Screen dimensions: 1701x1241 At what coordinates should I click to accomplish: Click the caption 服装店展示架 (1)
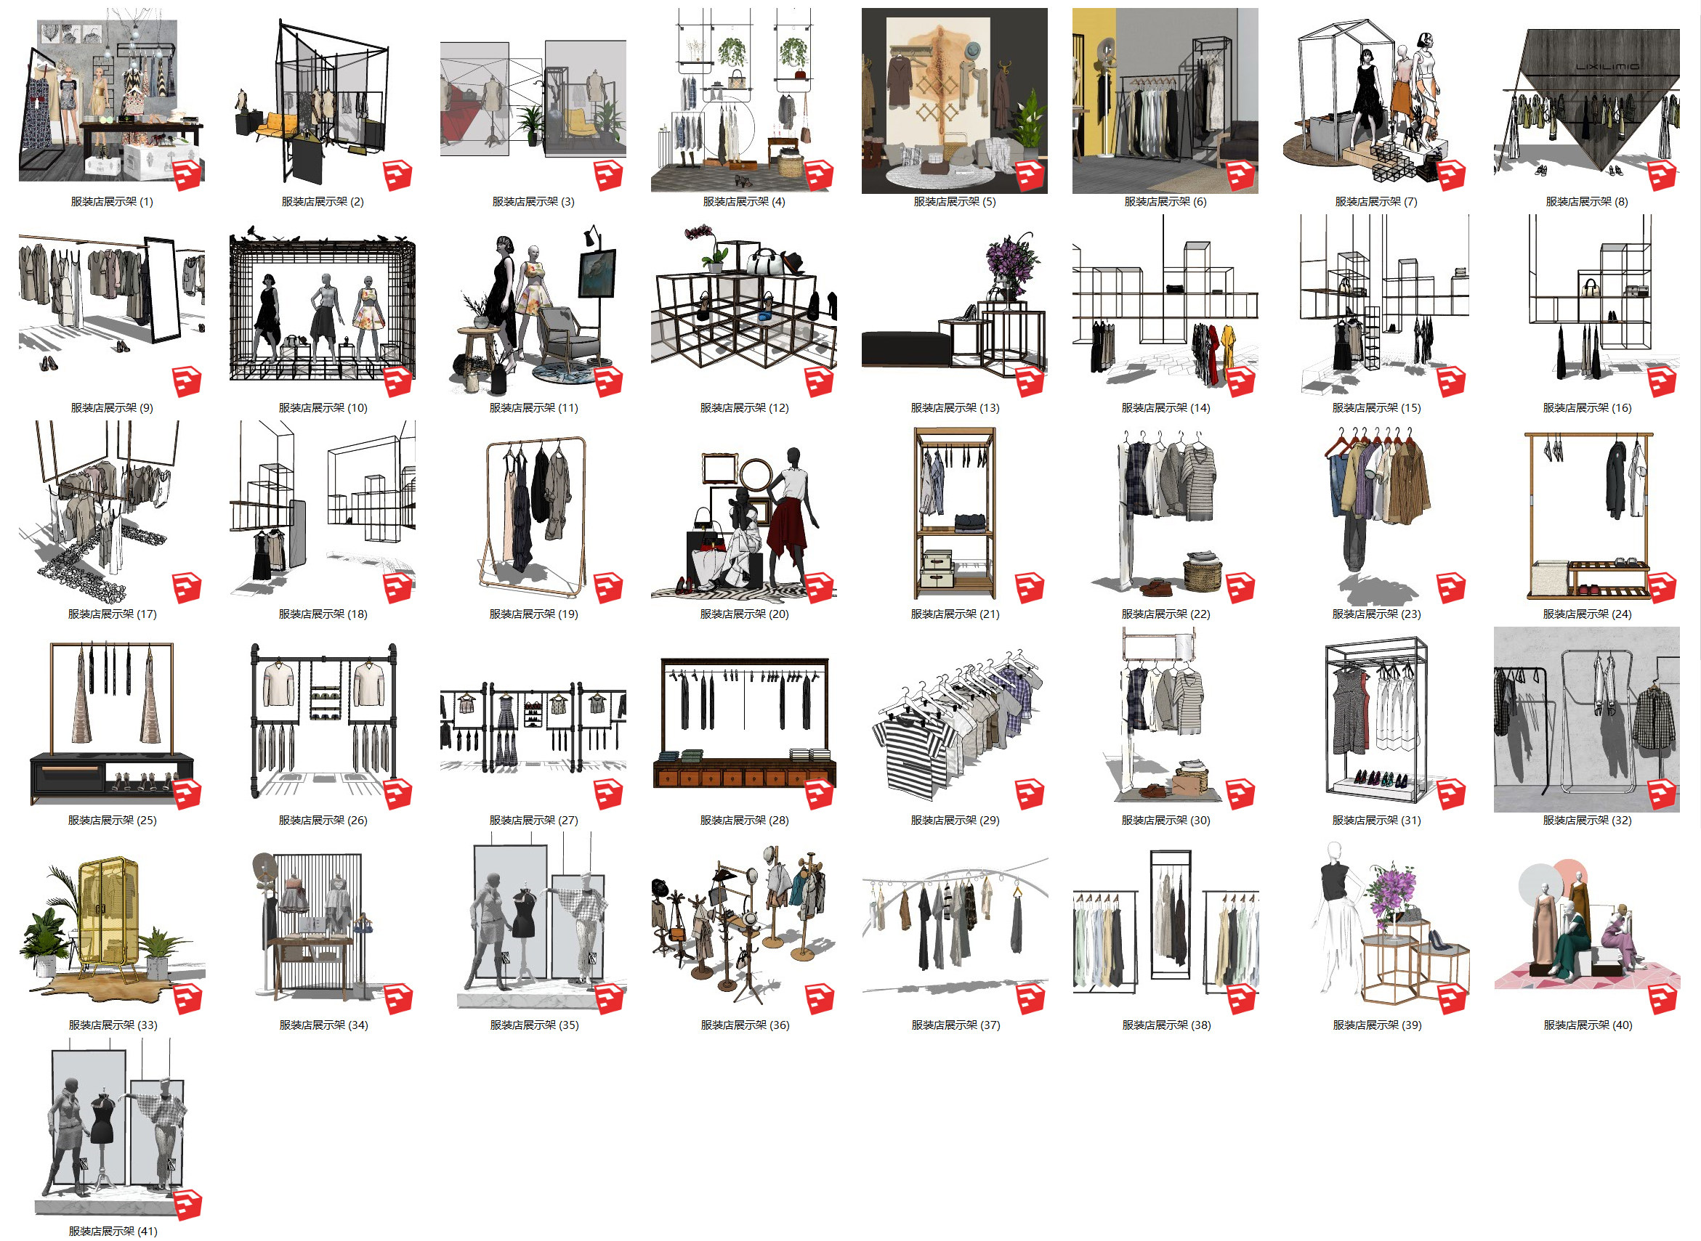(x=112, y=201)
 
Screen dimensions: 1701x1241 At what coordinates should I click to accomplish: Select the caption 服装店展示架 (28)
(x=744, y=821)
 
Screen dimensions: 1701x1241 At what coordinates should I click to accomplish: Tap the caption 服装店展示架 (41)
(x=113, y=1232)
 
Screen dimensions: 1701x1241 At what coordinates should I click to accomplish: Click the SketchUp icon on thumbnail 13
(x=1030, y=382)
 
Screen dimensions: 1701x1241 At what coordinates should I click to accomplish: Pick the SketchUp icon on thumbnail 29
(x=1030, y=794)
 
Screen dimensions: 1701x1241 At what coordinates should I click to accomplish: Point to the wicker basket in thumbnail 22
(x=1203, y=573)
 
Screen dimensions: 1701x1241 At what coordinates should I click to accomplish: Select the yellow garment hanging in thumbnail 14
(x=1229, y=350)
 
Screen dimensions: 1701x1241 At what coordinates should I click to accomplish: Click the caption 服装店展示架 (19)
(x=533, y=614)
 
